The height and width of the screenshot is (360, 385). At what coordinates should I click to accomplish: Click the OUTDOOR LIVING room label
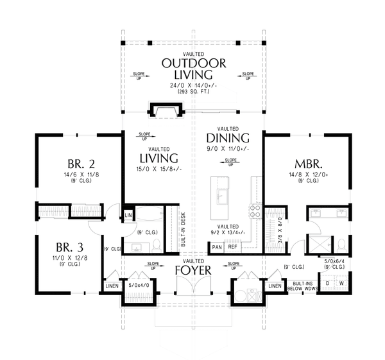pos(193,69)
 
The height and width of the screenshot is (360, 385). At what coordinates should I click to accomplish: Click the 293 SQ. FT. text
pos(193,92)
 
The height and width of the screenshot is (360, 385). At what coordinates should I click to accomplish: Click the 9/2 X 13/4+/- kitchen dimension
pos(228,234)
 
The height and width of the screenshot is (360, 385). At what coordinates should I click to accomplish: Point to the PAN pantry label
pos(217,247)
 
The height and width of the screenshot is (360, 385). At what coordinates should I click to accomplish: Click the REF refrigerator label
pos(233,247)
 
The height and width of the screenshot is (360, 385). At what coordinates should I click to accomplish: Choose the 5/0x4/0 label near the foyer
pos(139,284)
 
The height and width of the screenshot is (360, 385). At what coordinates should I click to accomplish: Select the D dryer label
pos(329,283)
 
